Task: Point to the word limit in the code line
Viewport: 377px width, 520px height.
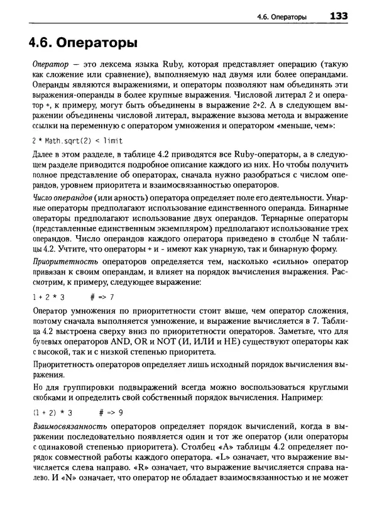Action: [113, 140]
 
